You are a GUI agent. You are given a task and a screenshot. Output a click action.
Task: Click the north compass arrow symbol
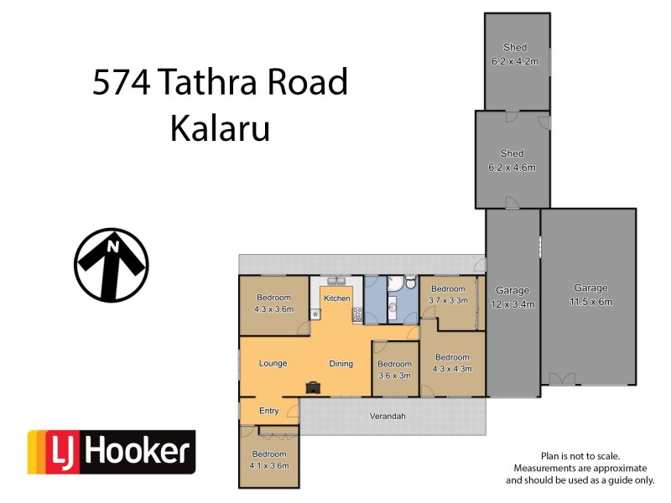(112, 265)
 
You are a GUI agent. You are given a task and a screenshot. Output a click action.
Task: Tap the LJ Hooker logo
(112, 453)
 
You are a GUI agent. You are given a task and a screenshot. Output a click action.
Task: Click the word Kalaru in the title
(220, 129)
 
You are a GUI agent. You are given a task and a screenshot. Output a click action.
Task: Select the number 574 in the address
(122, 83)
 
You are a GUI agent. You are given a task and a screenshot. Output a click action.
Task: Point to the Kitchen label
(336, 298)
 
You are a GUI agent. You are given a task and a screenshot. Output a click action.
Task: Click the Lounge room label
(273, 363)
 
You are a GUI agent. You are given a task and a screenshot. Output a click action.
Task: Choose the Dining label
(341, 363)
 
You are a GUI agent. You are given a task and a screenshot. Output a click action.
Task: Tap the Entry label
(268, 410)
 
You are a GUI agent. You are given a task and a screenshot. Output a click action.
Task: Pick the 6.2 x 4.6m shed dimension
(512, 167)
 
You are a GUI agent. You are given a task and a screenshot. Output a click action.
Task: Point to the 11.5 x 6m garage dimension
(590, 301)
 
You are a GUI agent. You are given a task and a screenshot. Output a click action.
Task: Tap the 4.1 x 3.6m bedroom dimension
(269, 465)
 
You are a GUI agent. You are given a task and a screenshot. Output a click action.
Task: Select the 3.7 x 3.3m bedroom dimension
(448, 300)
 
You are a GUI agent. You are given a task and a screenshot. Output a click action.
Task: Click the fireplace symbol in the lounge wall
(313, 386)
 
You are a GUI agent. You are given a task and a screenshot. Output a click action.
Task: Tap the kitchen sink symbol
(337, 283)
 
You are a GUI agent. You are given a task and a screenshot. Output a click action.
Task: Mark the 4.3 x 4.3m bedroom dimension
(452, 368)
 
